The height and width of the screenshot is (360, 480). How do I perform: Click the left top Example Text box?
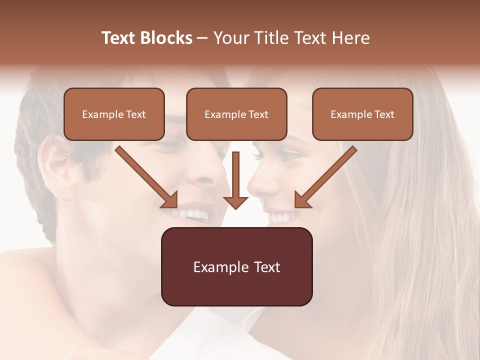tap(114, 114)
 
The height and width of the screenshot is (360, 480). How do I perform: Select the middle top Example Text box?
tap(236, 114)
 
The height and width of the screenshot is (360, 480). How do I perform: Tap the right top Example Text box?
tap(362, 114)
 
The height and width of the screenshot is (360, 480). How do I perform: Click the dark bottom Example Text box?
tap(236, 266)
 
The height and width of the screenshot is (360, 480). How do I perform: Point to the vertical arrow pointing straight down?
tap(236, 180)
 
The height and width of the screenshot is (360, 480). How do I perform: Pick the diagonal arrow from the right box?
tap(325, 177)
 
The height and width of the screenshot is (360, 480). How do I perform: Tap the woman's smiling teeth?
tap(280, 218)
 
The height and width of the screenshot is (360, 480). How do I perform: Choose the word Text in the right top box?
tap(383, 114)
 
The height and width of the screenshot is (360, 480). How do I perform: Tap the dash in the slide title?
tap(202, 38)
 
